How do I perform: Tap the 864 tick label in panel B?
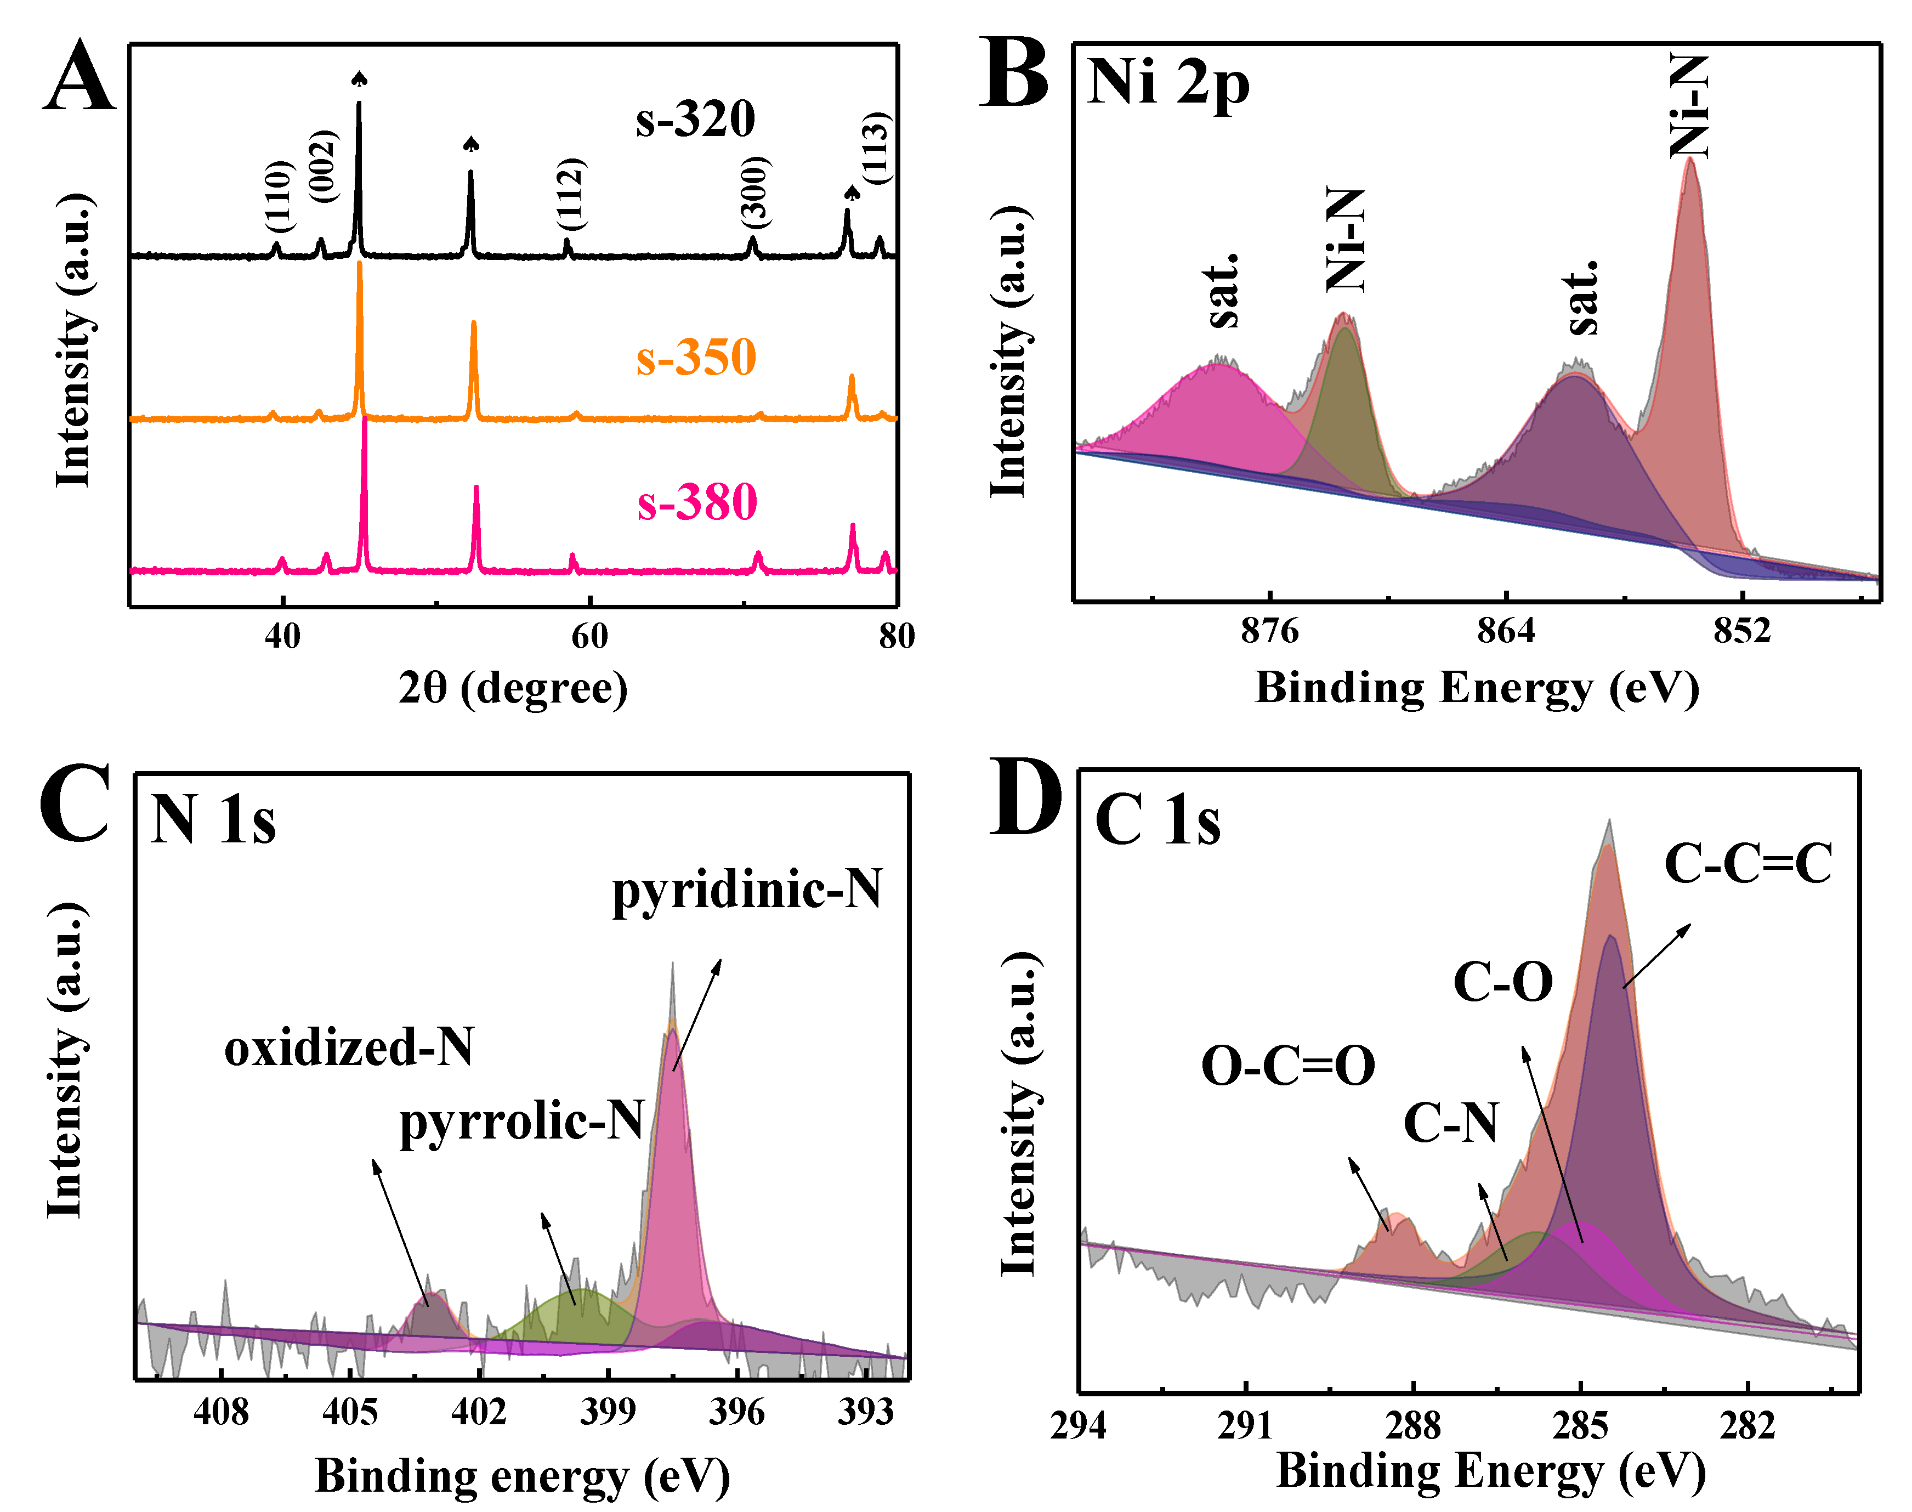(1505, 630)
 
